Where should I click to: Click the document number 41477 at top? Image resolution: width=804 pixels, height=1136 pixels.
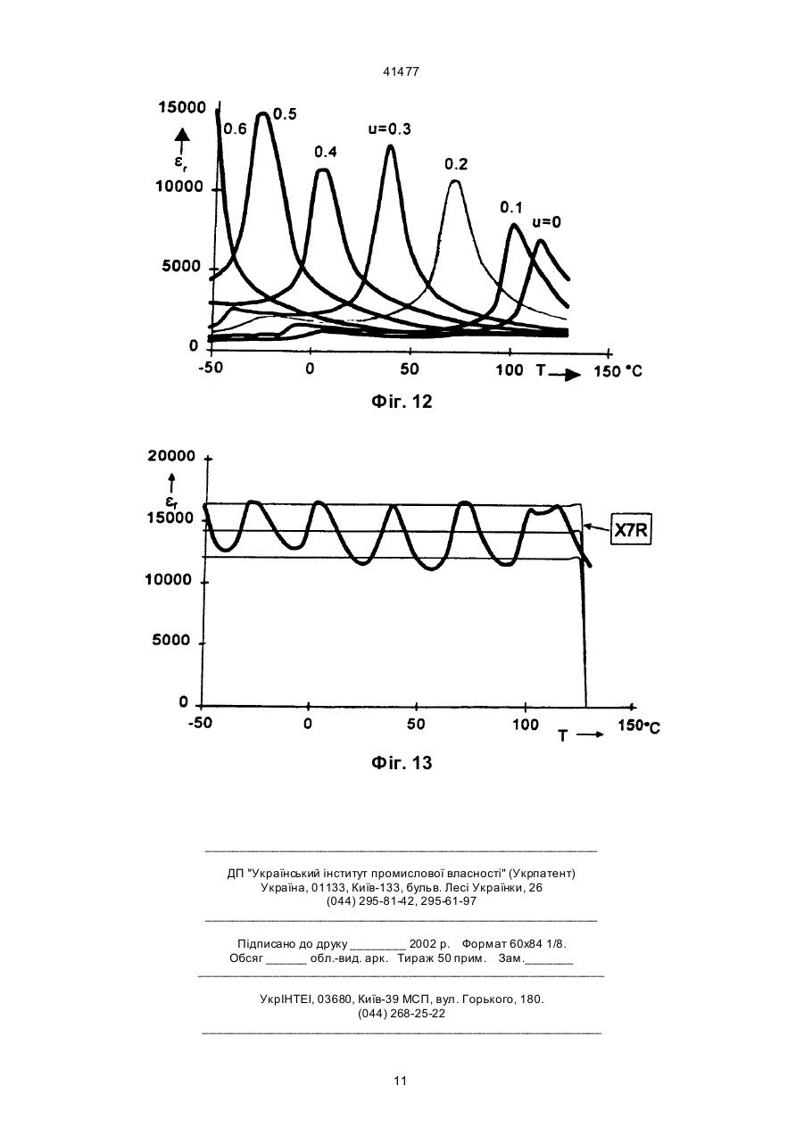[401, 72]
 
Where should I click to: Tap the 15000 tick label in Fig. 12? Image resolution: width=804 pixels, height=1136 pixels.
[182, 107]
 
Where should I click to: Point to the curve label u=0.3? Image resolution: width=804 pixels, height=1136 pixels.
[390, 129]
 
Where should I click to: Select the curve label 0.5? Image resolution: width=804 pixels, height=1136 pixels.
[285, 114]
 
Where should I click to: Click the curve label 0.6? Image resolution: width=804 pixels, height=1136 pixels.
[235, 129]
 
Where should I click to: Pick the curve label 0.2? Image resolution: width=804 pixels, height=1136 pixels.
[456, 164]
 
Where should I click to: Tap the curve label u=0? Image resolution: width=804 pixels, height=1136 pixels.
[546, 222]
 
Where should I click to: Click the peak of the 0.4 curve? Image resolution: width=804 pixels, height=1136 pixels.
[323, 170]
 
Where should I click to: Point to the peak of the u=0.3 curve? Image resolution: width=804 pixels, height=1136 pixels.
[390, 146]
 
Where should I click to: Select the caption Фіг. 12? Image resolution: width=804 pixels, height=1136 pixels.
[402, 402]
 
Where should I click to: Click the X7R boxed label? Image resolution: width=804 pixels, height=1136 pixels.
[631, 530]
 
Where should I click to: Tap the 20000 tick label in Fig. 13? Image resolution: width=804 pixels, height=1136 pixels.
[171, 456]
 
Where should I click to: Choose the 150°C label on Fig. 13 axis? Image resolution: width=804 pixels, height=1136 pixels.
[639, 726]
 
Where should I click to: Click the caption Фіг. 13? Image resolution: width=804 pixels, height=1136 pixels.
[402, 763]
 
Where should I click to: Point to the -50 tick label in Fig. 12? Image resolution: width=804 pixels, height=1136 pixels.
[211, 368]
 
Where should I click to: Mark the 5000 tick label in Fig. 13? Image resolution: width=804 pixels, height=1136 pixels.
[171, 640]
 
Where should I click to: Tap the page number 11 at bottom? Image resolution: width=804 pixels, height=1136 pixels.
[401, 1081]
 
